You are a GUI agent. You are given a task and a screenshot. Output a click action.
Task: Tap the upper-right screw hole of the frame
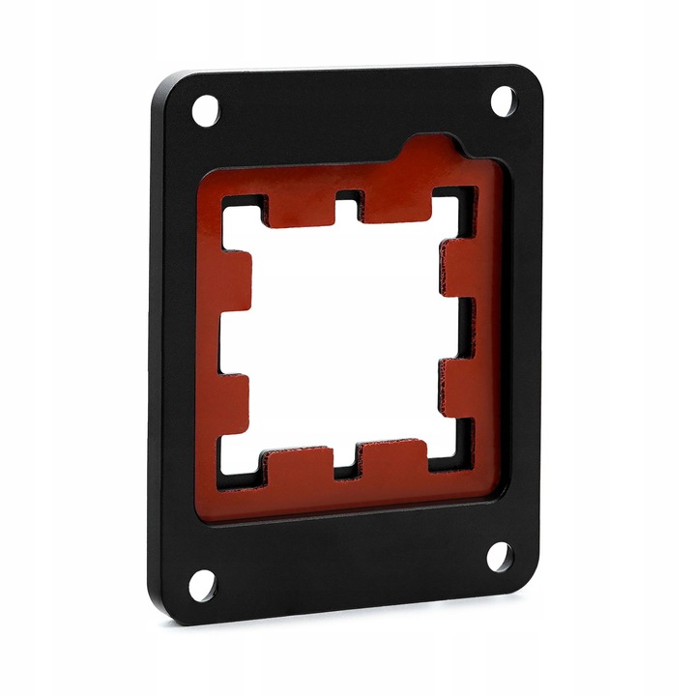504,100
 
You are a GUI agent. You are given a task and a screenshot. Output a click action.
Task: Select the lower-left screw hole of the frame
202,584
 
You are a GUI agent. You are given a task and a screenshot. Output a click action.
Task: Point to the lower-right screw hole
499,556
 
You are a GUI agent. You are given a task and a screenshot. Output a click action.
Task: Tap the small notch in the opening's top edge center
349,206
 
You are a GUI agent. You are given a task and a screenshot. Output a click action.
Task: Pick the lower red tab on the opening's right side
462,389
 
